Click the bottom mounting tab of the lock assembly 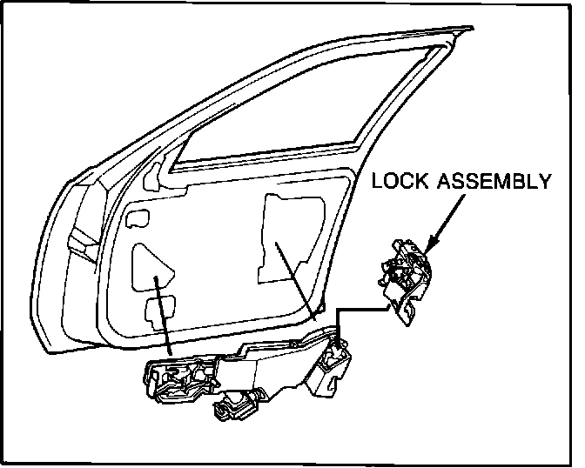click(404, 312)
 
